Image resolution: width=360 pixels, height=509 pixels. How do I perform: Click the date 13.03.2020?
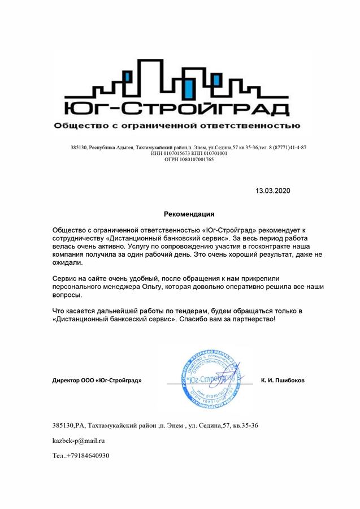(x=272, y=191)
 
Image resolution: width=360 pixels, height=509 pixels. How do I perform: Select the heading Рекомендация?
(x=189, y=214)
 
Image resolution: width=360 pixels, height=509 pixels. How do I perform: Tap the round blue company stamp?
(x=211, y=379)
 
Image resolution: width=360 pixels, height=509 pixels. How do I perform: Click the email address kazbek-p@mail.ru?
(x=79, y=440)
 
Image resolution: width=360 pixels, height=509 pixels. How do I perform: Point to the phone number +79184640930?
(x=87, y=455)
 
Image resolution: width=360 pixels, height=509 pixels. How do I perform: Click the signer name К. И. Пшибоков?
(x=283, y=380)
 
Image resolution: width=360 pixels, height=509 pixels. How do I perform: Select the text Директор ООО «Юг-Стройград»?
(x=97, y=380)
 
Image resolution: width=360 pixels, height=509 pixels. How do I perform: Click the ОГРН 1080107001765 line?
(x=189, y=159)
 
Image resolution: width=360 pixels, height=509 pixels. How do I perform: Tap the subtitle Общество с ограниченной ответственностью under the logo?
(x=177, y=125)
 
